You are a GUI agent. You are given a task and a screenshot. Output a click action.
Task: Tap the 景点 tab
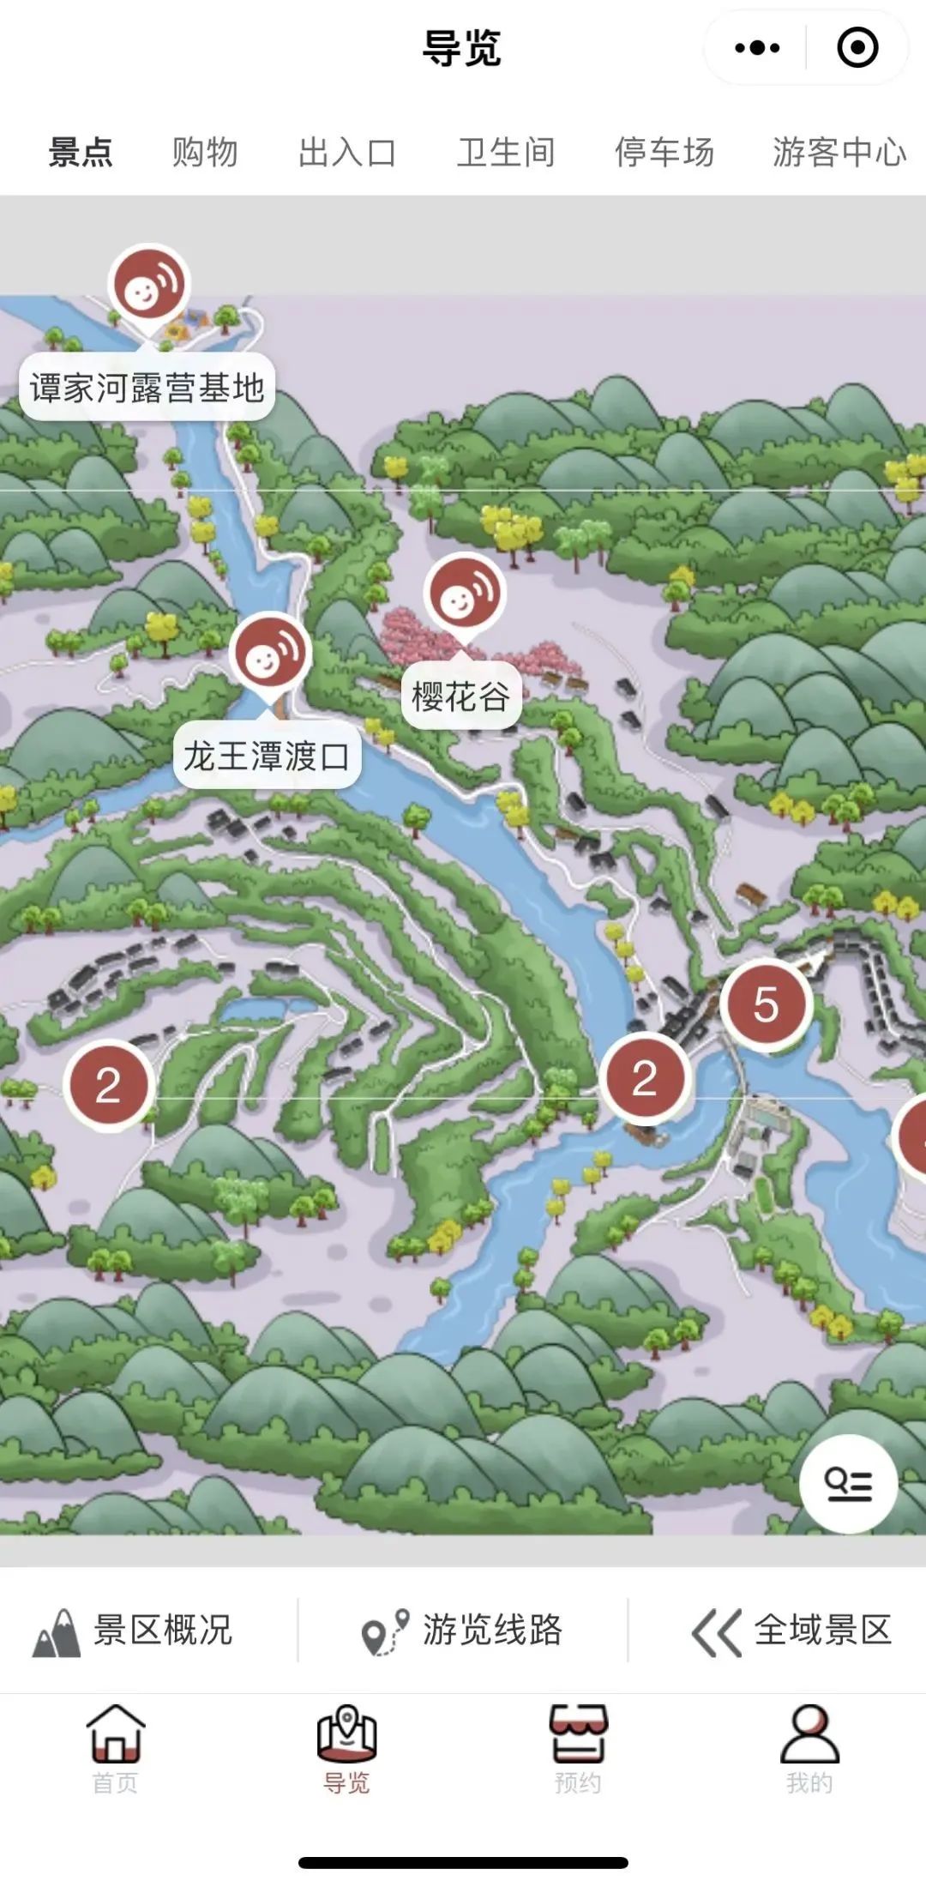(x=81, y=153)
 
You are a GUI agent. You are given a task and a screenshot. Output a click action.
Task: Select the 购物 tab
(x=205, y=153)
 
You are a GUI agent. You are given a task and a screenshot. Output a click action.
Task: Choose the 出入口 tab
(x=347, y=153)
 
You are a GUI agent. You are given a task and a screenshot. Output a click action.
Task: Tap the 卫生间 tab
(x=506, y=153)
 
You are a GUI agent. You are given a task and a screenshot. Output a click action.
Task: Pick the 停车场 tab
(x=664, y=153)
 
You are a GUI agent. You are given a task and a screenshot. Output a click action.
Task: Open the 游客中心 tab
(x=839, y=153)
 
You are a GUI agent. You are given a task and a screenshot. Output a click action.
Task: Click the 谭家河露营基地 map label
(x=147, y=388)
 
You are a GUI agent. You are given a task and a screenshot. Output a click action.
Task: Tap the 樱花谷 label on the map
(x=460, y=696)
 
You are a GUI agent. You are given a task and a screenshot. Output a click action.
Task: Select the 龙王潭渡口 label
(x=267, y=757)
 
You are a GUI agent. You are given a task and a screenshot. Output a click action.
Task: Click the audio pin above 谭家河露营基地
(x=148, y=286)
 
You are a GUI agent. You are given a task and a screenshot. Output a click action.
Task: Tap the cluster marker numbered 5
(x=766, y=1005)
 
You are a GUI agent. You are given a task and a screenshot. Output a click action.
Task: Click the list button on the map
(x=848, y=1484)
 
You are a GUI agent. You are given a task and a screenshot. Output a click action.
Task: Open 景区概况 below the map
(x=134, y=1630)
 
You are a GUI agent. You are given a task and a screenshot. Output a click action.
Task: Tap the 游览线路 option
(x=463, y=1630)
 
